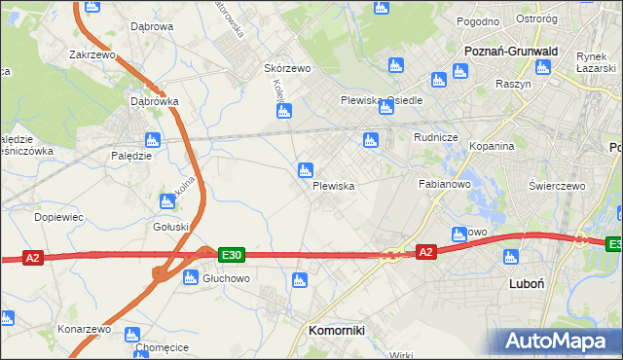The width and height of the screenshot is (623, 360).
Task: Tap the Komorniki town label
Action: (336, 330)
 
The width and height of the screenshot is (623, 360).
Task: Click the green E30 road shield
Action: (231, 255)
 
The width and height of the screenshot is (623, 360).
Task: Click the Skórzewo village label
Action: (287, 69)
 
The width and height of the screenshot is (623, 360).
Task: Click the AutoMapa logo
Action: (560, 341)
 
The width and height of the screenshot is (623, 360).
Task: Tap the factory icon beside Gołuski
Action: (165, 201)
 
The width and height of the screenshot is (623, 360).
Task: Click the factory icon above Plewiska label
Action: (305, 170)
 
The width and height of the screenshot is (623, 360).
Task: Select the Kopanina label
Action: (491, 146)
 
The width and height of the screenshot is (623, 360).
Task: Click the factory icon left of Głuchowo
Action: (192, 277)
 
